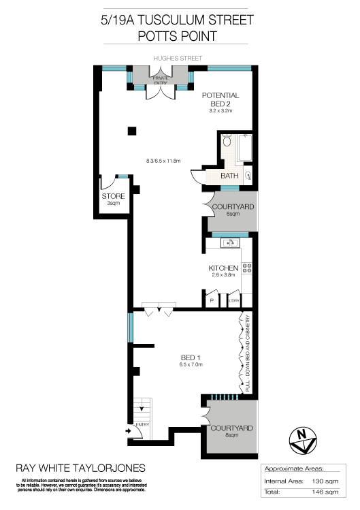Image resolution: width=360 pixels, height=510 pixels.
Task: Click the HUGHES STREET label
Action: pos(179,57)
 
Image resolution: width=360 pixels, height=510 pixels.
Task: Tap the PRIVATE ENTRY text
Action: pos(161,80)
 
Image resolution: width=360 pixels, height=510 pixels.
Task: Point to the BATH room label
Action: pos(229,176)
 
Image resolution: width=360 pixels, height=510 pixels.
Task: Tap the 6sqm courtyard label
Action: pos(233,210)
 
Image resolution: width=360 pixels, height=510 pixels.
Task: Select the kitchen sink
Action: pos(231,242)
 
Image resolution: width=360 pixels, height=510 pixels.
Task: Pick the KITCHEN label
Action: pos(223,268)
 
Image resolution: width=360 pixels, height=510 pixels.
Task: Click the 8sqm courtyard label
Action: pos(231,431)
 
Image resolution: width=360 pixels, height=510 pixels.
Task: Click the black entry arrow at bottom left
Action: pos(129,430)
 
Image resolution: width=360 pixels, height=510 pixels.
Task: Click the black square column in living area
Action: pos(133,131)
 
